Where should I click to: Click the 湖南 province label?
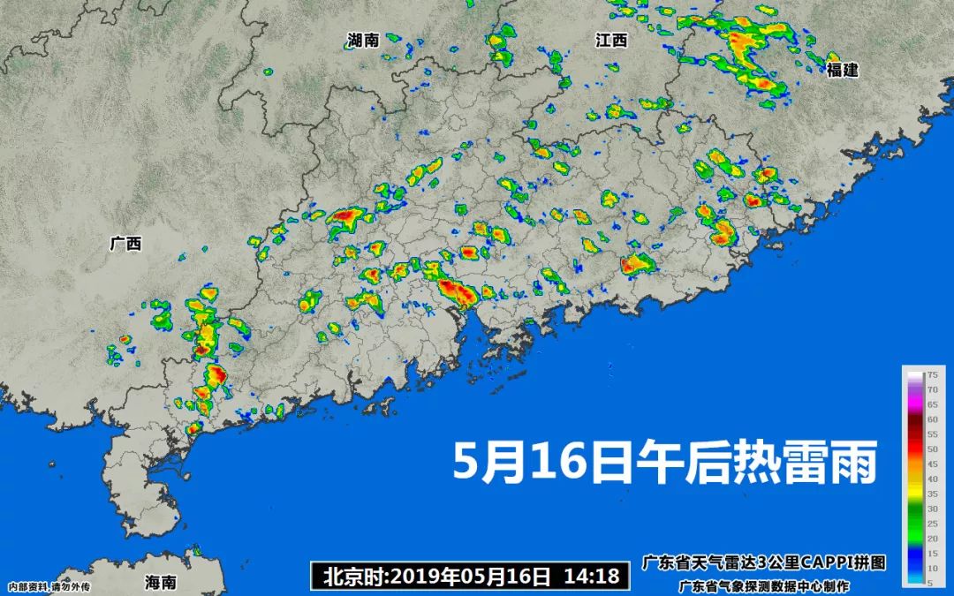coord(363,40)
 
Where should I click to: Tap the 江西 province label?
coord(611,40)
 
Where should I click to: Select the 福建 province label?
coord(843,70)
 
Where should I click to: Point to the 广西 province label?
coord(125,244)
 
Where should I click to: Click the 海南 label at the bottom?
coord(161,582)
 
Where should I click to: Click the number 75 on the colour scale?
coord(931,374)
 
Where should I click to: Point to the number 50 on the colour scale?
coord(931,449)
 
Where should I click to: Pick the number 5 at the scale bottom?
coord(933,583)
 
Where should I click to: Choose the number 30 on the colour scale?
coord(931,509)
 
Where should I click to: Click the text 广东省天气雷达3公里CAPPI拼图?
coord(763,562)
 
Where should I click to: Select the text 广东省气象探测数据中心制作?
coord(763,585)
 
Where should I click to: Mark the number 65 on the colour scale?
coord(931,404)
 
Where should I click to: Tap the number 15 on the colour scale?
coord(931,553)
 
